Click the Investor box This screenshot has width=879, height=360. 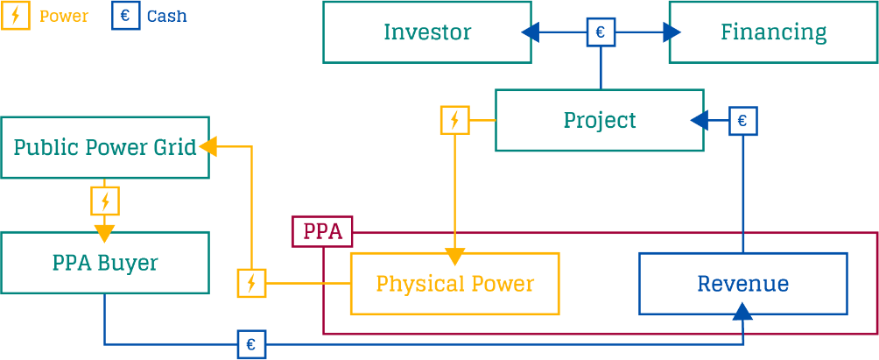(x=426, y=32)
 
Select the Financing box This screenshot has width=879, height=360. (x=773, y=32)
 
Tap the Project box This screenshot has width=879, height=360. (x=599, y=120)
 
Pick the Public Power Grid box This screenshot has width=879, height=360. (x=105, y=147)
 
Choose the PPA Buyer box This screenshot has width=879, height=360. (x=105, y=262)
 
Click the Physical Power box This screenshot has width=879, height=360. (x=454, y=283)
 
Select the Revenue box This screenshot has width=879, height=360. (x=742, y=283)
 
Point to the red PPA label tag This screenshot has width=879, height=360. (x=322, y=231)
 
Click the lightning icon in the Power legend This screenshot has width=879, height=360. (x=16, y=16)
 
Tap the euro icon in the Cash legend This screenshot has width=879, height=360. (x=125, y=16)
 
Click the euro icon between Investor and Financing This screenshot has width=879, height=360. (x=600, y=32)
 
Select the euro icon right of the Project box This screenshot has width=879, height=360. (x=742, y=120)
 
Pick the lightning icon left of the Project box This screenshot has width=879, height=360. (x=454, y=120)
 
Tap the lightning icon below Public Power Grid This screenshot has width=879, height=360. (x=105, y=201)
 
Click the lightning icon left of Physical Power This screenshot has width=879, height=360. (x=251, y=283)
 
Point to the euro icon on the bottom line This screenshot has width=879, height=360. (x=250, y=344)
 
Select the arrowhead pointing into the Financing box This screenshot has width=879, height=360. (x=672, y=32)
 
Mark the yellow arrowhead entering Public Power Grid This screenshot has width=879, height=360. (x=208, y=147)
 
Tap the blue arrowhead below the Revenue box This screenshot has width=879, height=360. (x=742, y=310)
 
